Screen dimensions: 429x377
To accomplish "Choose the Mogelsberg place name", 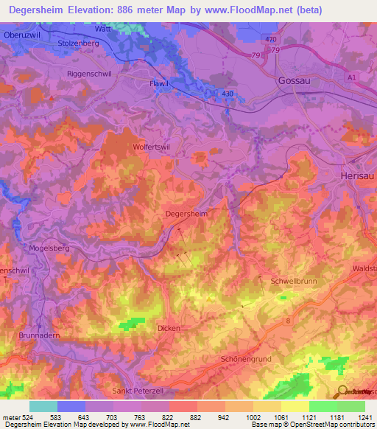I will tap(49, 248).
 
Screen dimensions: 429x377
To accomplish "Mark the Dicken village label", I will tap(169, 328).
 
